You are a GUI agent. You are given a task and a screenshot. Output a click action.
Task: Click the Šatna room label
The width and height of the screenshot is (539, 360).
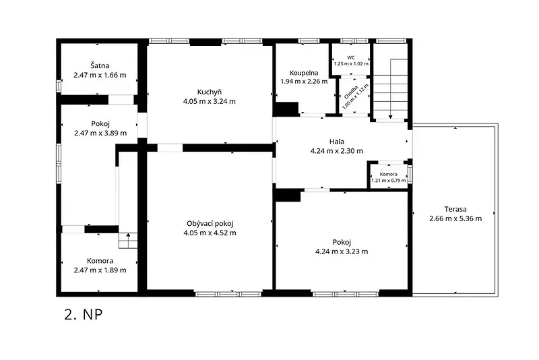click(x=100, y=65)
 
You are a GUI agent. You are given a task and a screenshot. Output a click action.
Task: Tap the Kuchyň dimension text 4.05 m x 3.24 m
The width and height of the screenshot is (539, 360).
click(x=210, y=101)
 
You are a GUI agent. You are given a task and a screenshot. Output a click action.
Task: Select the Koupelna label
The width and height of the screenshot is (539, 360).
click(x=304, y=73)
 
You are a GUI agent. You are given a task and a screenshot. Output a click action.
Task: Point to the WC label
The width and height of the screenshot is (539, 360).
click(x=351, y=57)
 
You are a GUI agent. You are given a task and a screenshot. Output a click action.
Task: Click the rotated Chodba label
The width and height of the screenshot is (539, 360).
click(x=351, y=92)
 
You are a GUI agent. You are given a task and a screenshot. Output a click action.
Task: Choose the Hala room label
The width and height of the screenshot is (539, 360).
click(x=336, y=142)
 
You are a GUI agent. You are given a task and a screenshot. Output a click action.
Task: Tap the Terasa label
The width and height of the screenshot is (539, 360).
click(x=455, y=209)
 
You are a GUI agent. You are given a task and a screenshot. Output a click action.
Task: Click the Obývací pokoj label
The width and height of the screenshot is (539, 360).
click(x=210, y=224)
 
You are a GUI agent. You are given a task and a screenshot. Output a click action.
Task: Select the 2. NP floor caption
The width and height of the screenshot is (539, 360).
click(x=83, y=314)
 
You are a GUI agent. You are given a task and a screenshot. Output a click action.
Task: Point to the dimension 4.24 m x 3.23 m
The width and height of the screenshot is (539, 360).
click(x=342, y=251)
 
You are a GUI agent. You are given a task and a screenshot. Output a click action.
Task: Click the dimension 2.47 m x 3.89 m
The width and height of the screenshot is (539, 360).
click(x=100, y=133)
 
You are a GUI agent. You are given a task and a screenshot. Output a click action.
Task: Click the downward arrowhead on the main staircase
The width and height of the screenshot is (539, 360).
click(x=391, y=117)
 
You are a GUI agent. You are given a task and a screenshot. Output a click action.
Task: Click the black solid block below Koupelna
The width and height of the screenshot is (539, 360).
click(x=286, y=109)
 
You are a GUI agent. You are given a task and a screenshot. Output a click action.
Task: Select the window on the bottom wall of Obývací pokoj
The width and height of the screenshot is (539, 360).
click(x=228, y=294)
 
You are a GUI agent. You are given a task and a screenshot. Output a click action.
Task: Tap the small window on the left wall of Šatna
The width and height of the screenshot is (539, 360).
click(x=59, y=85)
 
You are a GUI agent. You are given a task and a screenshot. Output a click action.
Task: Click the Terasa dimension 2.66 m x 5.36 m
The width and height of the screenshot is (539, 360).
click(x=455, y=218)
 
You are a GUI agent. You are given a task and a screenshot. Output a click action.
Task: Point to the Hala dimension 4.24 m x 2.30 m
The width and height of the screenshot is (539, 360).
click(x=336, y=150)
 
